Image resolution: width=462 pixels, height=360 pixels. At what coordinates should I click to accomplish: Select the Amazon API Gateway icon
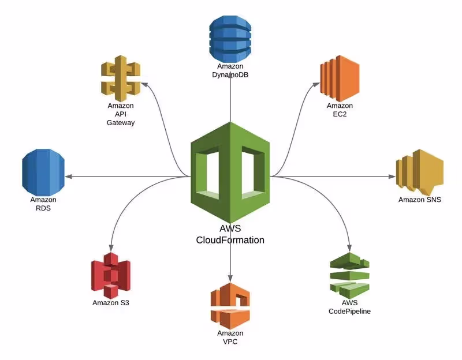[121, 78]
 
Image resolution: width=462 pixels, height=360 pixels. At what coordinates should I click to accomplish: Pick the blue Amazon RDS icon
[43, 172]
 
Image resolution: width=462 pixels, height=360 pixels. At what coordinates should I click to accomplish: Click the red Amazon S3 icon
[111, 276]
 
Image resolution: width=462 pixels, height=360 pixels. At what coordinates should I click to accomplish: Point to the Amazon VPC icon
[230, 306]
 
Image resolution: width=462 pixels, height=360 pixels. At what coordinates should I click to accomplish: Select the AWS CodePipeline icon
[350, 276]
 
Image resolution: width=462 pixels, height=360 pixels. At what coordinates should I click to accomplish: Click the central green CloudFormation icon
[230, 172]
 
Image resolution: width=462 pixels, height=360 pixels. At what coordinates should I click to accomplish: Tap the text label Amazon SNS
[420, 200]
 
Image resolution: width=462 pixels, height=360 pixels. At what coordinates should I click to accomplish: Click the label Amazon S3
[111, 303]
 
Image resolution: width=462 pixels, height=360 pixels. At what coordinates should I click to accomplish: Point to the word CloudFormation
[230, 240]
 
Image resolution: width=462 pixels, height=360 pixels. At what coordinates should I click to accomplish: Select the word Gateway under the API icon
[121, 123]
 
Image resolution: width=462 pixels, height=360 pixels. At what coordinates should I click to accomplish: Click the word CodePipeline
[350, 312]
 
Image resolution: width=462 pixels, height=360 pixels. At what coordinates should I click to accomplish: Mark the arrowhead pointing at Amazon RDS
[68, 177]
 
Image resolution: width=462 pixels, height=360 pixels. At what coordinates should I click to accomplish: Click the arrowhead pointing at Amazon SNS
[392, 177]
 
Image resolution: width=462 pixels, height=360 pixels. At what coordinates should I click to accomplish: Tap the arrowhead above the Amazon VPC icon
[230, 279]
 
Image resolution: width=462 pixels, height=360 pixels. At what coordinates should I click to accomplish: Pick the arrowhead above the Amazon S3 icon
[111, 248]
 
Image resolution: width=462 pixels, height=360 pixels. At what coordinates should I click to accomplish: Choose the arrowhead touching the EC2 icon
[316, 85]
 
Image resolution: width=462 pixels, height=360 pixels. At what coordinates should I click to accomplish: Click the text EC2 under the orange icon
[340, 114]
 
